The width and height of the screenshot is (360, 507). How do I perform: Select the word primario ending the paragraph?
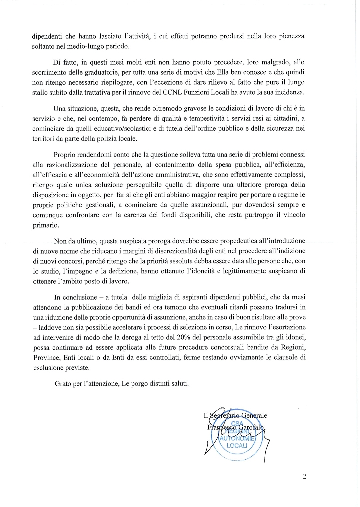point(46,225)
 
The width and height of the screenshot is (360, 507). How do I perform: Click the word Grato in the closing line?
point(63,383)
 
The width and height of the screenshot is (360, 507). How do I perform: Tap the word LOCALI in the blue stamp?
point(236,446)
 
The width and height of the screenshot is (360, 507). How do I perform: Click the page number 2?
point(304,476)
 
